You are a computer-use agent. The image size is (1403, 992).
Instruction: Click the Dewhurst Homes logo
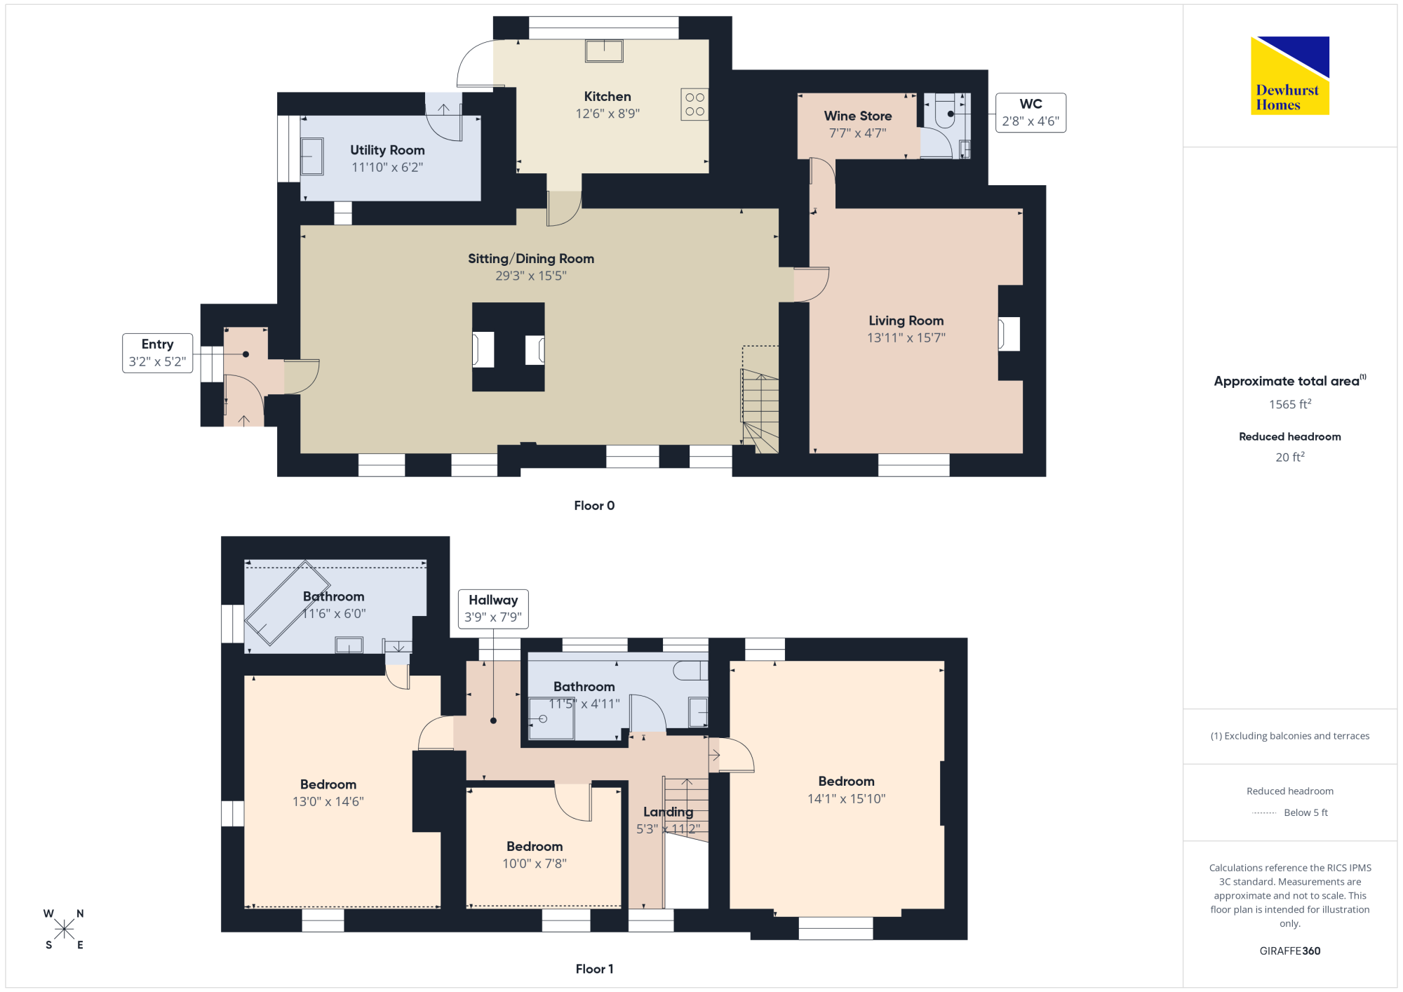pos(1290,75)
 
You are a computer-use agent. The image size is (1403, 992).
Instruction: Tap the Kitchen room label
pos(607,97)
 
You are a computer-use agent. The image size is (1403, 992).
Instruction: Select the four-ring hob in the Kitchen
pos(694,105)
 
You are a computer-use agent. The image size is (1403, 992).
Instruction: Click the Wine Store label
pos(858,116)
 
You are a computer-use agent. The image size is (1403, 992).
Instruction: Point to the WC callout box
pos(1031,113)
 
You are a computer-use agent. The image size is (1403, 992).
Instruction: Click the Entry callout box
pos(158,353)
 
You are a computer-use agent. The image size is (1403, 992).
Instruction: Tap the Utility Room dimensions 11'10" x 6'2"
pos(387,168)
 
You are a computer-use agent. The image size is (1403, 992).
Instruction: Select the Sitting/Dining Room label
pos(531,259)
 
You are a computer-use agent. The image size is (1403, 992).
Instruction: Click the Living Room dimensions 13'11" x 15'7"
pos(906,338)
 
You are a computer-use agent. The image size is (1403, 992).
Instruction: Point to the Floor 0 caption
pos(594,506)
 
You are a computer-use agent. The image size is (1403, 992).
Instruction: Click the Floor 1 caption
pos(594,969)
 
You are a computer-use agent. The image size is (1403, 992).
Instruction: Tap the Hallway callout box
pos(493,609)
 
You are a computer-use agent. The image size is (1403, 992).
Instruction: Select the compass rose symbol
pos(64,929)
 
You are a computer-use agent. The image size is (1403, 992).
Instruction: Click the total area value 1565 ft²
pos(1290,404)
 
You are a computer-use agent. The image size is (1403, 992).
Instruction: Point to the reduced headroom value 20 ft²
pos(1290,457)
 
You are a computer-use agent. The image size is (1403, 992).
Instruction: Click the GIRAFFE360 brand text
pos(1290,951)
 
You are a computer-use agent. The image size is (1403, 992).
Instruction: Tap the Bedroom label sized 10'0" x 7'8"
pos(535,847)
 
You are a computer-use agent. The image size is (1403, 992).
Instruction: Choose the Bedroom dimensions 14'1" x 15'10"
pos(847,799)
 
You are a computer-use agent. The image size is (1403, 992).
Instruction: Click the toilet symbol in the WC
pos(945,112)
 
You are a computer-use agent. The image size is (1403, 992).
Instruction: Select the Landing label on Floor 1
pos(669,812)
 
